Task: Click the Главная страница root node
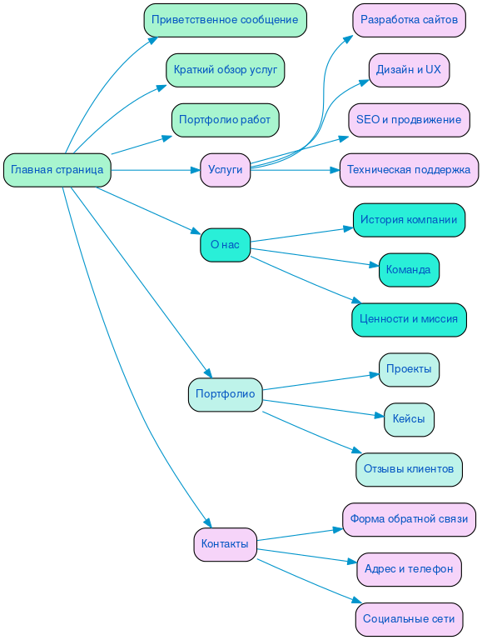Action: pos(57,170)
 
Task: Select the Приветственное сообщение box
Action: pos(225,20)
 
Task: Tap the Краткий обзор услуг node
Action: pos(225,70)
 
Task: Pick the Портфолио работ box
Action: pos(225,120)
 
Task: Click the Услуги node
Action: pos(225,170)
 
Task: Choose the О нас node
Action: pos(225,245)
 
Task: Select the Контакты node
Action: pos(225,544)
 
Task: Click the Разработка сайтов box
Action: pos(409,20)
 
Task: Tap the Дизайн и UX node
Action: pos(409,70)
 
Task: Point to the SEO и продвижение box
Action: pos(409,120)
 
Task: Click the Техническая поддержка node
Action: pos(409,170)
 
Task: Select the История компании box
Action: pos(409,220)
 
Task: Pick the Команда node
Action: pos(409,270)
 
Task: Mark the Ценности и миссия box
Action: pos(409,319)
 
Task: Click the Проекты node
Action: pos(409,369)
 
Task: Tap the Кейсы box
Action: pos(409,419)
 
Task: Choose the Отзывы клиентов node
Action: pos(409,469)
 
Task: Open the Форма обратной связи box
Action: pos(409,519)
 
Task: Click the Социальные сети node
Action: pos(409,619)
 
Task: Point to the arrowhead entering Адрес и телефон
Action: pos(352,562)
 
